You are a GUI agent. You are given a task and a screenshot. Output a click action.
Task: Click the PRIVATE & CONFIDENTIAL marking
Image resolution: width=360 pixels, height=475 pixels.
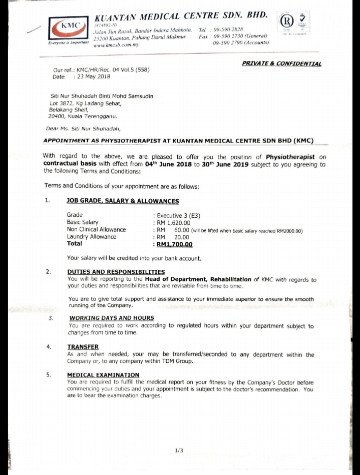coord(281,64)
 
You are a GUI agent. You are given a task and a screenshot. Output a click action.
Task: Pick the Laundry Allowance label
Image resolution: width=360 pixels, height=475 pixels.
coord(92,237)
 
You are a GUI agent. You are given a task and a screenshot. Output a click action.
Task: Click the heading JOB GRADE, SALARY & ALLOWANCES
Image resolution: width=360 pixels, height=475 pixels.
coord(123,201)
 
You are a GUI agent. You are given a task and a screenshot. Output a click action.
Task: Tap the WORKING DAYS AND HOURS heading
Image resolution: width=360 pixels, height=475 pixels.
coord(112,318)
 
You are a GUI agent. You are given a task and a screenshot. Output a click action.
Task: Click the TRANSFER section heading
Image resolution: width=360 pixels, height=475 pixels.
coord(83,346)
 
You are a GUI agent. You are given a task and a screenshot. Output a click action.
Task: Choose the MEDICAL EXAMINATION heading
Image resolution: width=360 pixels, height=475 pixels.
coord(103,375)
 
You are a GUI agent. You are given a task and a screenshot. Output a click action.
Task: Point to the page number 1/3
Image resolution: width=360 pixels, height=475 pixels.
coord(179,450)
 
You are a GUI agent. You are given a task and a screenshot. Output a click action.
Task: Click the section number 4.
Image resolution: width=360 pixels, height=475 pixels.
coord(48,346)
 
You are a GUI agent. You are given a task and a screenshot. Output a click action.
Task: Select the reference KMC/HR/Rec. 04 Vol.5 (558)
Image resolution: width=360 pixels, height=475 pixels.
coord(112,70)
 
